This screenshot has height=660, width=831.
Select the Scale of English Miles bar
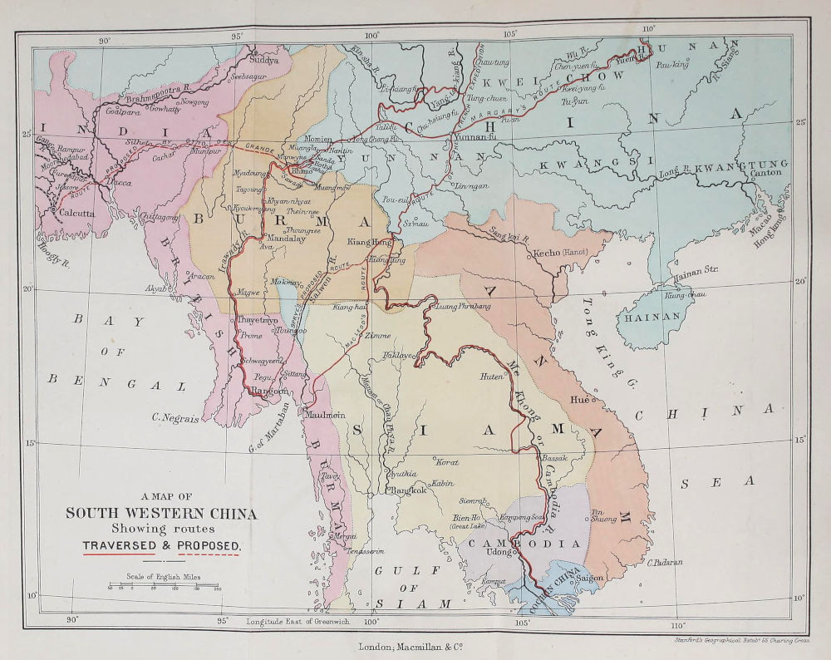(x=163, y=586)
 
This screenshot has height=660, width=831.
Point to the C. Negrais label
(x=175, y=419)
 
